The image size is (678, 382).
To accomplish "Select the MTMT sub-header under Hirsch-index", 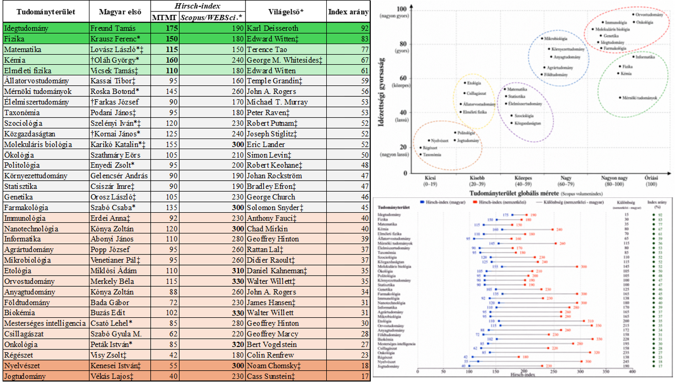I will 164,17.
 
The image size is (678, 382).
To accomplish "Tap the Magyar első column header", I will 120,11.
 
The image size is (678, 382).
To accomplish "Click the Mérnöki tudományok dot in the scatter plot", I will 620,97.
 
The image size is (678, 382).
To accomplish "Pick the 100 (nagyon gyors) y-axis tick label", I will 401,12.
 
